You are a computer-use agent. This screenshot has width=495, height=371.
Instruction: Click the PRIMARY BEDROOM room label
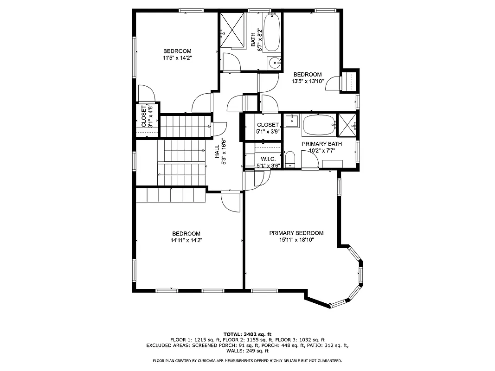pyautogui.click(x=296, y=233)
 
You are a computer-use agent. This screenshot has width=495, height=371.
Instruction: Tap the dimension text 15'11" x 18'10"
pyautogui.click(x=296, y=240)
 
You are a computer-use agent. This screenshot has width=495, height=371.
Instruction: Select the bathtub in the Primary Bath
pyautogui.click(x=318, y=125)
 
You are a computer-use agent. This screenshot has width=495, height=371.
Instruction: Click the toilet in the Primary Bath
pyautogui.click(x=290, y=159)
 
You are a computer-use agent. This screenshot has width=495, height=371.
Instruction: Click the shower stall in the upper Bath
pyautogui.click(x=232, y=30)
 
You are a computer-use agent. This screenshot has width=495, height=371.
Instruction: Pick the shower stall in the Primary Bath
pyautogui.click(x=347, y=125)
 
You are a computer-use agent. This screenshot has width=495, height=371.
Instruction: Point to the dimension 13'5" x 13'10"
pyautogui.click(x=307, y=81)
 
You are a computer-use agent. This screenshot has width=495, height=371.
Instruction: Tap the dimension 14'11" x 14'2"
pyautogui.click(x=186, y=240)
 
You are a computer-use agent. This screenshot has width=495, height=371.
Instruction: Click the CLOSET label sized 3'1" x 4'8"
pyautogui.click(x=144, y=116)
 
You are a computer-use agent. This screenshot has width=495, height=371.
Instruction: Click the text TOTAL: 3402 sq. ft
pyautogui.click(x=247, y=334)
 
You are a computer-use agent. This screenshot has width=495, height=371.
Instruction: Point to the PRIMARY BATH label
pyautogui.click(x=321, y=144)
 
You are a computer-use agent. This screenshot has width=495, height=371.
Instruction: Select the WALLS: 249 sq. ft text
pyautogui.click(x=247, y=351)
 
